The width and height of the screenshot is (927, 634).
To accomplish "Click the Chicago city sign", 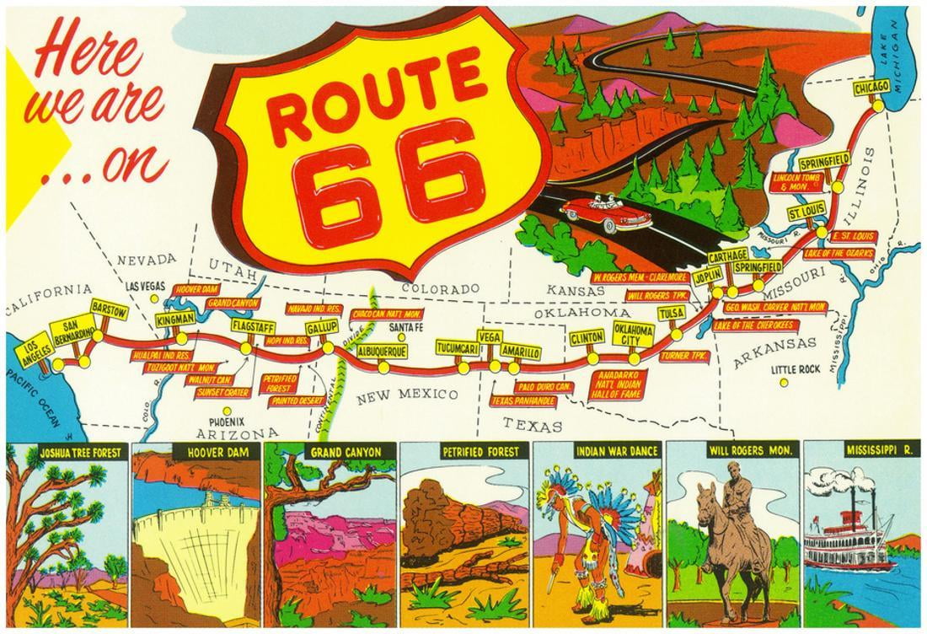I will (871, 88).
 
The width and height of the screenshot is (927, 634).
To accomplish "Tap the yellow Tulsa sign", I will (671, 314).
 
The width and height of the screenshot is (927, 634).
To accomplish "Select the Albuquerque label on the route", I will (382, 350).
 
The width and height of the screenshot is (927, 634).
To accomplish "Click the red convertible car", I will (603, 214).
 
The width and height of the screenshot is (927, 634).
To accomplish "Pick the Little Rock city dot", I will (784, 382).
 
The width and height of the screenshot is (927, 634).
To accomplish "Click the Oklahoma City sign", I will (633, 334).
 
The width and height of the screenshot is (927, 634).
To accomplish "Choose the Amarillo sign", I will (519, 352).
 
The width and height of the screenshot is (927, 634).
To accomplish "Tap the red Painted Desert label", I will (296, 401).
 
